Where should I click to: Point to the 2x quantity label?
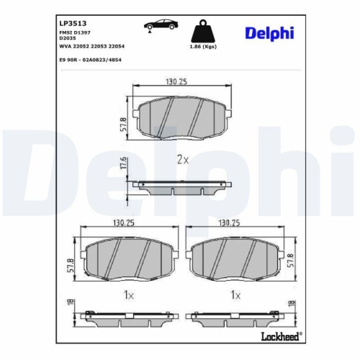tap(181, 159)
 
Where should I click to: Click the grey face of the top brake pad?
tap(180, 117)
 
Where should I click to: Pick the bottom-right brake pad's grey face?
tap(234, 257)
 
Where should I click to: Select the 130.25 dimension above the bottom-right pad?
tap(233, 222)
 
